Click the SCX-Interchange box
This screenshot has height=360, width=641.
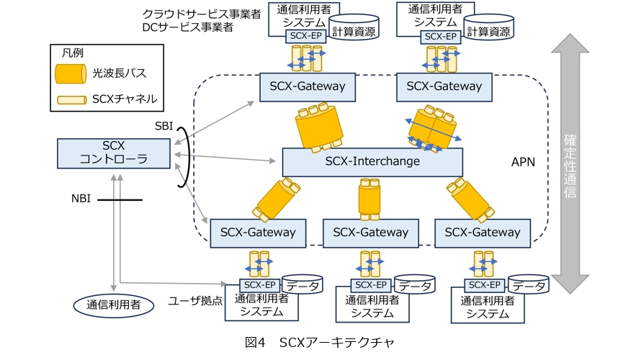click(372, 161)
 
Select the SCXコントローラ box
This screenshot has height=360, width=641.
click(115, 153)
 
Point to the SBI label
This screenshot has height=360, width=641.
click(164, 126)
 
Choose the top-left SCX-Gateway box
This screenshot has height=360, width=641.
click(308, 86)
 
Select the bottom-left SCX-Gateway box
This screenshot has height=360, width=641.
click(258, 233)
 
